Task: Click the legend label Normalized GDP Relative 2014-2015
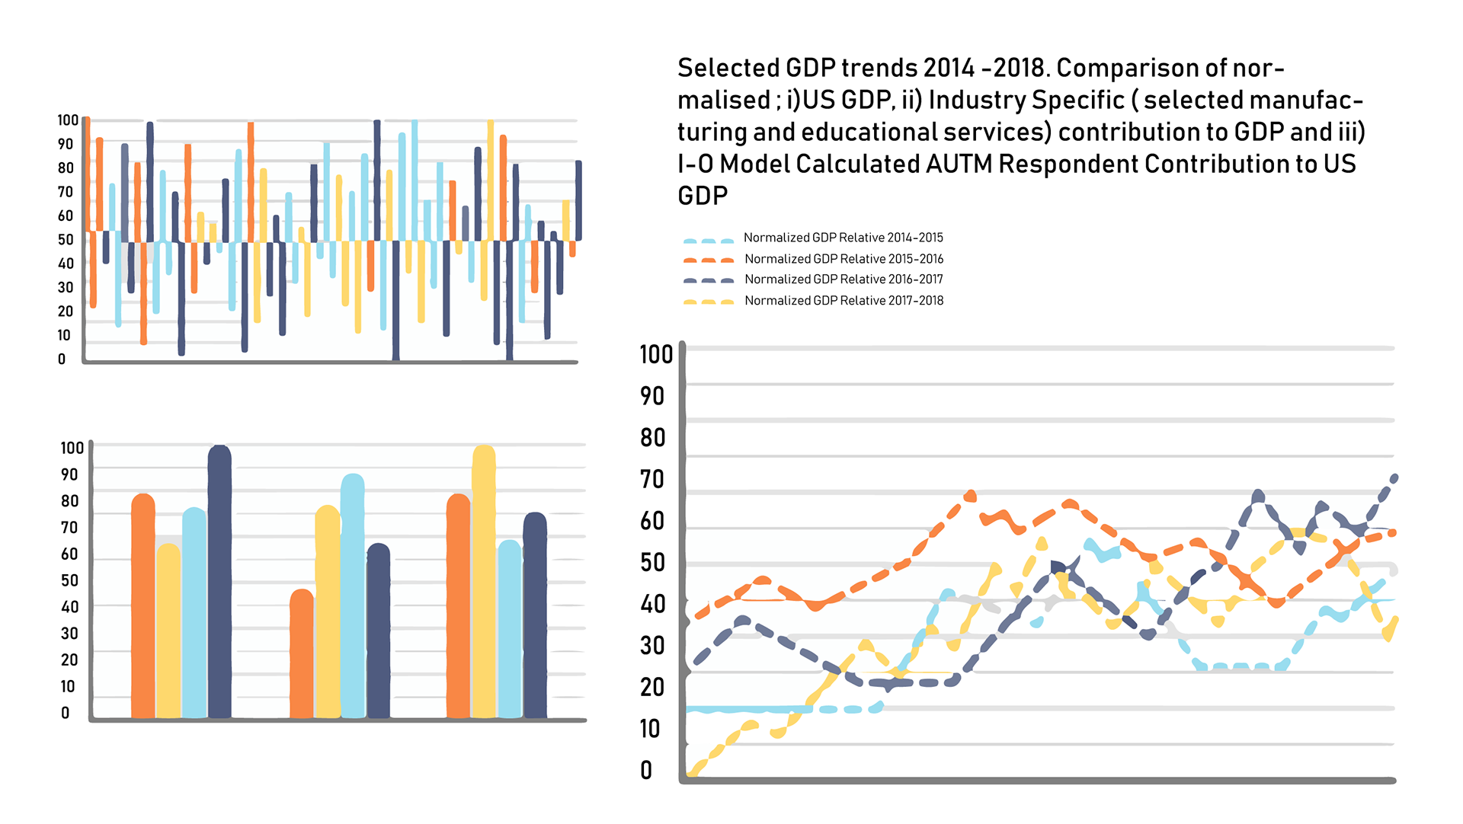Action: (843, 238)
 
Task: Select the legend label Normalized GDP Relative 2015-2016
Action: (844, 259)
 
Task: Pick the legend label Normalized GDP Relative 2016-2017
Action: (844, 279)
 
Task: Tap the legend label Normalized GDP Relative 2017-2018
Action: (844, 301)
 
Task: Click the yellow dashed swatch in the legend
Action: (708, 302)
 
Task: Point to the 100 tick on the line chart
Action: (655, 355)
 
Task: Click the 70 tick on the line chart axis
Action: (652, 480)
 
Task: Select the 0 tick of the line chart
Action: (646, 771)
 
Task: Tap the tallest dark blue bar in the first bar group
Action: (219, 583)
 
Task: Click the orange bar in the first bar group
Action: (143, 606)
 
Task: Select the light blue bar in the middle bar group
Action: (352, 596)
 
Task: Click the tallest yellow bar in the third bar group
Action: (484, 582)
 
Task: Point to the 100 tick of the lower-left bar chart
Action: (72, 448)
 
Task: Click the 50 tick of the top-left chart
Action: (66, 240)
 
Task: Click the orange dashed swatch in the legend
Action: (708, 260)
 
